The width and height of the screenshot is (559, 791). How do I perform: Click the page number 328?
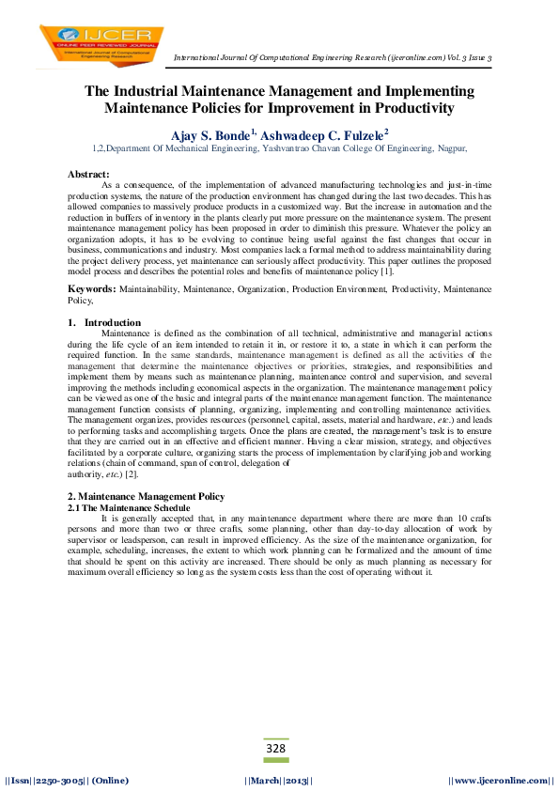(275, 748)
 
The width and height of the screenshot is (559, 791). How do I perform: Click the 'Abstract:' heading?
(89, 175)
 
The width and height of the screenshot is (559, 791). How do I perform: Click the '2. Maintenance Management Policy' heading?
(146, 495)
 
